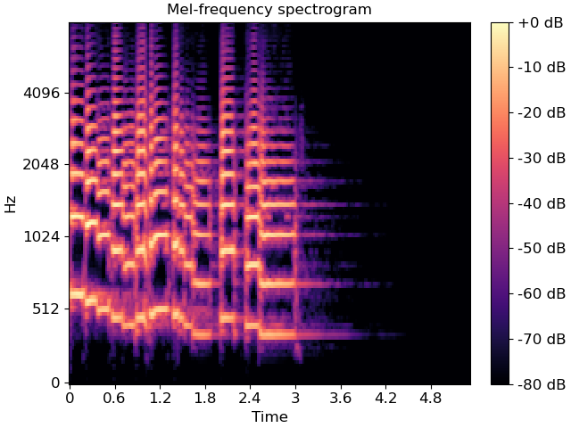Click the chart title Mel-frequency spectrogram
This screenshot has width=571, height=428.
click(269, 10)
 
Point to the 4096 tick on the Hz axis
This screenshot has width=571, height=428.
click(39, 93)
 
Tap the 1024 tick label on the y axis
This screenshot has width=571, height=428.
click(39, 237)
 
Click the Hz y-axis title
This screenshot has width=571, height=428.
click(11, 203)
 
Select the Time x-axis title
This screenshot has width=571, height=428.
click(269, 416)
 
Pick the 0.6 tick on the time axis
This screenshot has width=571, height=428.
click(115, 397)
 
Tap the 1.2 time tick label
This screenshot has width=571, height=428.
click(161, 397)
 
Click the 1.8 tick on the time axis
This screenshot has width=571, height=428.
click(205, 397)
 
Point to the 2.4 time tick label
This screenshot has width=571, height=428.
click(251, 397)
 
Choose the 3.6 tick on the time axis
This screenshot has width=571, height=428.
click(341, 397)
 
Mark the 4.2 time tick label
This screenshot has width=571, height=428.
click(386, 397)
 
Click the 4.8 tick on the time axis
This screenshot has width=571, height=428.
click(432, 397)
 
